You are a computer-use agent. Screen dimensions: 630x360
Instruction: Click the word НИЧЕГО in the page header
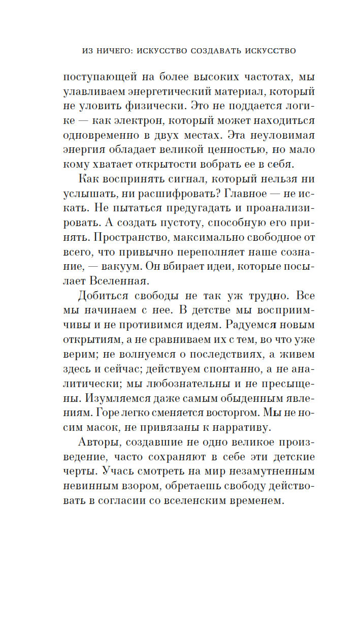[116, 51]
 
